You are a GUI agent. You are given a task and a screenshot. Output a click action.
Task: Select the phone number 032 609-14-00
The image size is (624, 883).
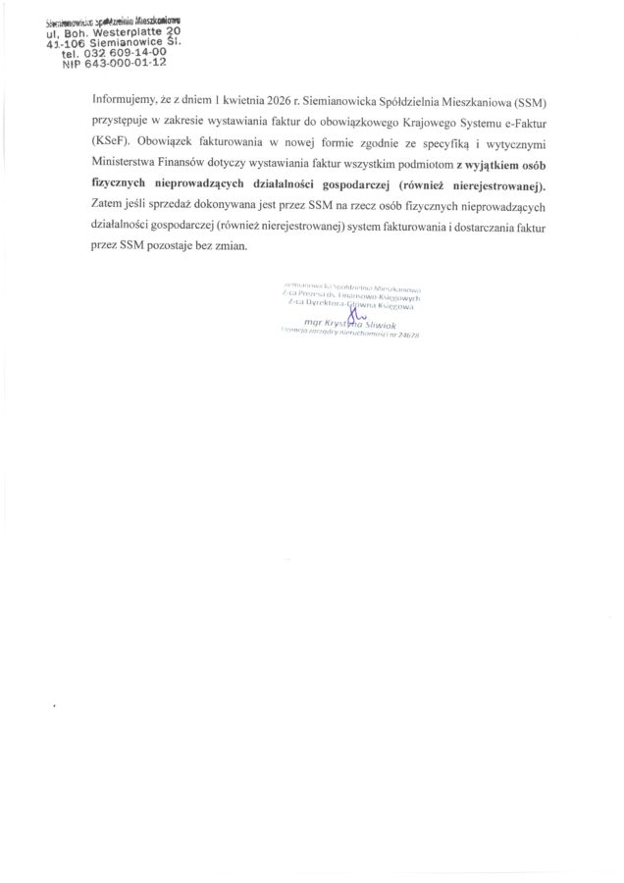(x=109, y=55)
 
